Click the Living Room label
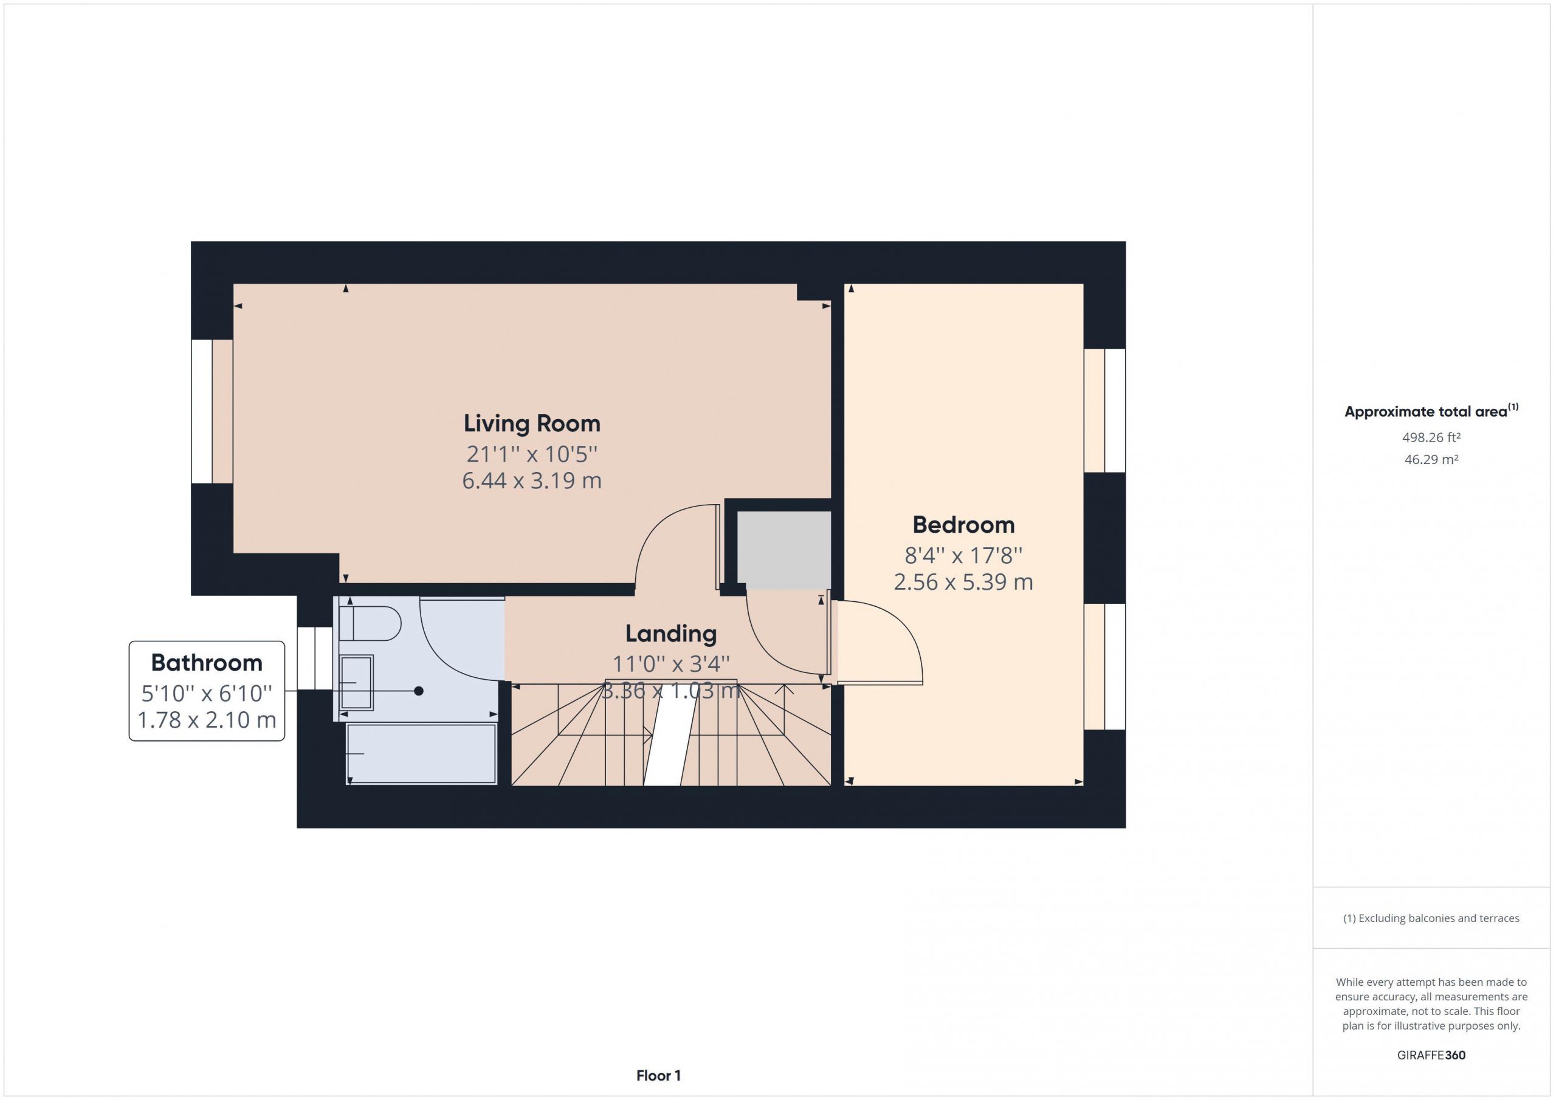coord(532,424)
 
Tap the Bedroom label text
coord(963,525)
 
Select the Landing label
coord(671,634)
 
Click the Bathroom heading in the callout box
coord(207,663)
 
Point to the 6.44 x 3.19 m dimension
coord(532,481)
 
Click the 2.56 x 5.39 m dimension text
coord(963,582)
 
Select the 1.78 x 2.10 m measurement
coord(207,720)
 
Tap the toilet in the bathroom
coord(370,624)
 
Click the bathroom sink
coord(356,683)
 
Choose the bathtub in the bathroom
coord(422,754)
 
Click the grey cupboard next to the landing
coord(783,551)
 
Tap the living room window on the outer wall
coord(202,412)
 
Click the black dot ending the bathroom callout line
coord(419,691)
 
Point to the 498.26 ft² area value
coord(1431,437)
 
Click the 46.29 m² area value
coord(1431,459)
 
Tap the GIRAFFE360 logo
coord(1431,1055)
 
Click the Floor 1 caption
coord(659,1076)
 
